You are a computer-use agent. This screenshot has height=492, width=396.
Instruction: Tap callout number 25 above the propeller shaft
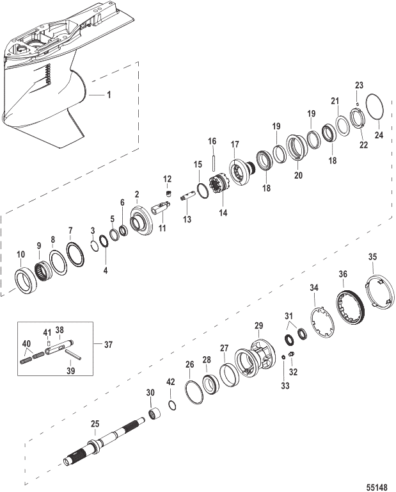coord(95,424)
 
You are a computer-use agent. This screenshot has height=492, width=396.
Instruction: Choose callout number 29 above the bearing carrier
coord(258,326)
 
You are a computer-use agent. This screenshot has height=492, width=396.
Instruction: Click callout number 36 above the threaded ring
coord(343,274)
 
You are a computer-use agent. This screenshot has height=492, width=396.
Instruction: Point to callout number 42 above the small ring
coord(170,382)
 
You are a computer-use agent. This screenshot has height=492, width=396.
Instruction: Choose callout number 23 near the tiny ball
coord(358,85)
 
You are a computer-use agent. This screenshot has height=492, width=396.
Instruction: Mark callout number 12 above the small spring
coord(168,178)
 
